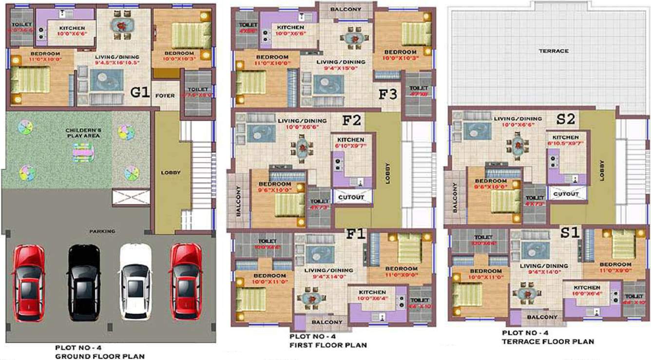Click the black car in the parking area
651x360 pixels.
click(84, 283)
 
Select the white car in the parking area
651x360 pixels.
click(136, 283)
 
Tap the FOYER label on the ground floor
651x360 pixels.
click(165, 95)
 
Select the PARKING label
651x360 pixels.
click(102, 231)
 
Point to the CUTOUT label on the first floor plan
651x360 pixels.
click(351, 197)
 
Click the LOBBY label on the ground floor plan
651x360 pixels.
click(171, 172)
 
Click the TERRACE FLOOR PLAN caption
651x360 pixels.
click(548, 341)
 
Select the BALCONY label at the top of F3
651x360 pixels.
click(345, 9)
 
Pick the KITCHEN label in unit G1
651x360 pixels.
click(72, 28)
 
